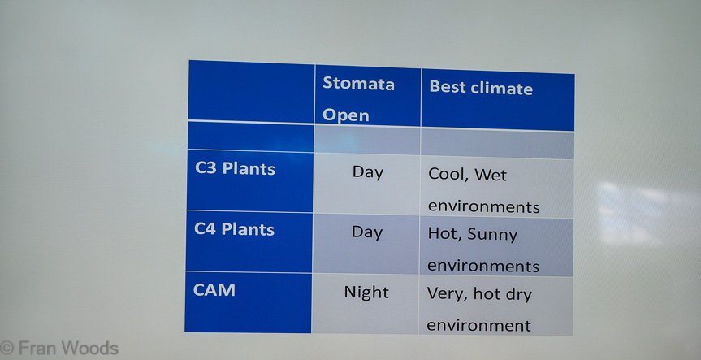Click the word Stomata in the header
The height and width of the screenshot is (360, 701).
point(358,84)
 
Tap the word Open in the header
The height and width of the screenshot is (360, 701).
point(345,115)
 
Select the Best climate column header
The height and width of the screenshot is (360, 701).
point(481,88)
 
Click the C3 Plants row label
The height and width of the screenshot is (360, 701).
point(236,168)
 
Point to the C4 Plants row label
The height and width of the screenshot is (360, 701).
point(234,229)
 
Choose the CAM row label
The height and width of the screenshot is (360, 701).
point(214,290)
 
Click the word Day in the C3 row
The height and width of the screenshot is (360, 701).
point(367,172)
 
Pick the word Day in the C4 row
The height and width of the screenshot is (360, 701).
point(367,232)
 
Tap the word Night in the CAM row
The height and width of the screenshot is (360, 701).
point(366,293)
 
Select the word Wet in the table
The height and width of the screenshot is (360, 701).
point(491,175)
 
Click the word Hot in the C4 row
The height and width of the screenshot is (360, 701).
point(444,234)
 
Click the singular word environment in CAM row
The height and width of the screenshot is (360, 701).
point(478,325)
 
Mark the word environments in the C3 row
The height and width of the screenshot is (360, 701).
point(484,206)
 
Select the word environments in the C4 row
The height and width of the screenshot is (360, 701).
point(483,266)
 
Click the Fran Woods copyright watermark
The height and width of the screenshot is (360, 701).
point(59,349)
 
